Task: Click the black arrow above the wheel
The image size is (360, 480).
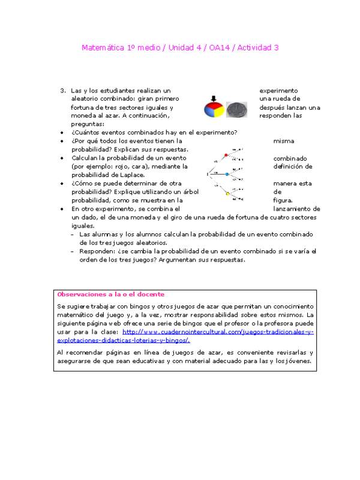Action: [x=213, y=98]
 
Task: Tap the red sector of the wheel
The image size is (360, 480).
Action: [x=209, y=107]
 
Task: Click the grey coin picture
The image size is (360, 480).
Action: [x=237, y=109]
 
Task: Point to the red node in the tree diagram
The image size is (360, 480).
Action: [x=226, y=155]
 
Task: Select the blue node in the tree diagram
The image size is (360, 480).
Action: [x=227, y=174]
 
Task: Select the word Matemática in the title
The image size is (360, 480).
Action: [x=104, y=47]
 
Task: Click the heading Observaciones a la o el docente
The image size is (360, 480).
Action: [x=110, y=295]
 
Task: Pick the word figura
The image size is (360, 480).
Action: [x=283, y=200]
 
